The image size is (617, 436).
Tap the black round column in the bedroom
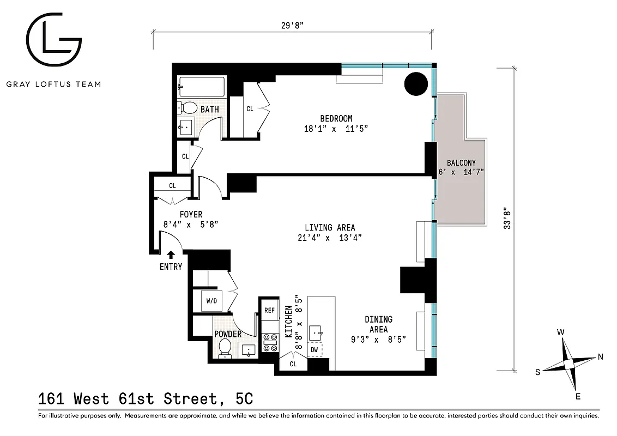tap(417, 83)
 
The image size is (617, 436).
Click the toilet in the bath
tap(189, 107)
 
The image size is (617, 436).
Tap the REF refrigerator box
tap(269, 310)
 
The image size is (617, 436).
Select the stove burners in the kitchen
tap(270, 342)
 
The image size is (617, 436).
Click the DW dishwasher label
tap(314, 349)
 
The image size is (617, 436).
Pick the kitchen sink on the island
tap(317, 331)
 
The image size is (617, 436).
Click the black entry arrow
tap(171, 253)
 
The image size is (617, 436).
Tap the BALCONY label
tap(461, 162)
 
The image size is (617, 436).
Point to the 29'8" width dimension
tap(292, 24)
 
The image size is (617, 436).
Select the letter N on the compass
tap(600, 358)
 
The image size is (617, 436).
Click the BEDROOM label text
tap(336, 118)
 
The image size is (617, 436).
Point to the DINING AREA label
tap(378, 324)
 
